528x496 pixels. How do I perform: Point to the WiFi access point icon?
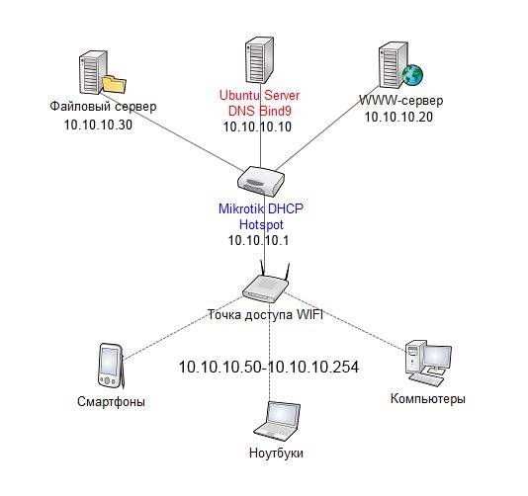[265, 286]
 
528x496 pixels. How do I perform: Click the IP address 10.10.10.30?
[99, 124]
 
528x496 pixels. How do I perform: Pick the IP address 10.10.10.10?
[258, 127]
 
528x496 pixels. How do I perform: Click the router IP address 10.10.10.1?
[261, 240]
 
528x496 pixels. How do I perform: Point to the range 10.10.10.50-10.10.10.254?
[268, 367]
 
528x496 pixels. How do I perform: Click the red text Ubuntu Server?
[260, 95]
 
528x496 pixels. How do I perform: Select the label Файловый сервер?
[102, 107]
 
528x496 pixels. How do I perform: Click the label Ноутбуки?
[275, 453]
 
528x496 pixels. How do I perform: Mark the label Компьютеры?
[428, 398]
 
